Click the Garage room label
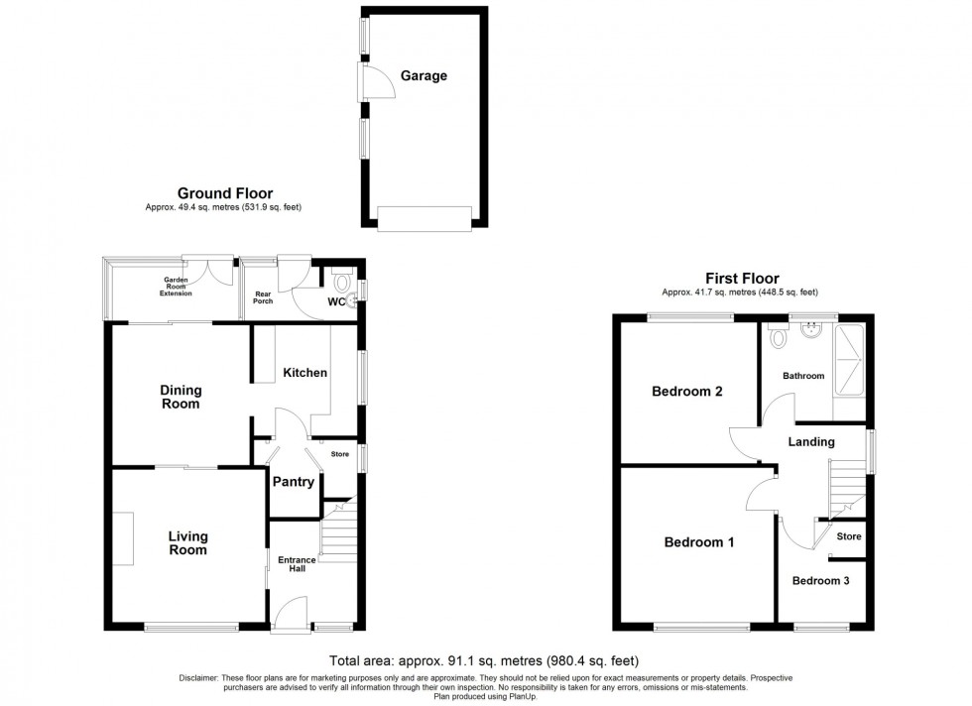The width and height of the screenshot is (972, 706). click(424, 75)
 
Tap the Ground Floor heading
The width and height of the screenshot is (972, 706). click(225, 192)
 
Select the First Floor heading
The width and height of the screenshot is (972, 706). click(742, 279)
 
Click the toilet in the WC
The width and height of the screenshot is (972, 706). click(342, 279)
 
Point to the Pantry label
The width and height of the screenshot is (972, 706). click(295, 483)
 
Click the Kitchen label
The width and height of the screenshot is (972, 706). click(304, 373)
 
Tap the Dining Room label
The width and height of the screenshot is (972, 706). click(181, 397)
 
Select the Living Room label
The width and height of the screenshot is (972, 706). click(187, 543)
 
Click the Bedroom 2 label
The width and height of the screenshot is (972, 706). click(686, 392)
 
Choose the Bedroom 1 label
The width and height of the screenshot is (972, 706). click(699, 542)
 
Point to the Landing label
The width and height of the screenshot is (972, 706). click(812, 442)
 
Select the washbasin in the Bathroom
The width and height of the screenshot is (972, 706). click(813, 330)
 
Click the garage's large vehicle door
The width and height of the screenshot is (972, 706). click(425, 219)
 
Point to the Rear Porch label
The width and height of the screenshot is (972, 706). click(262, 297)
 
